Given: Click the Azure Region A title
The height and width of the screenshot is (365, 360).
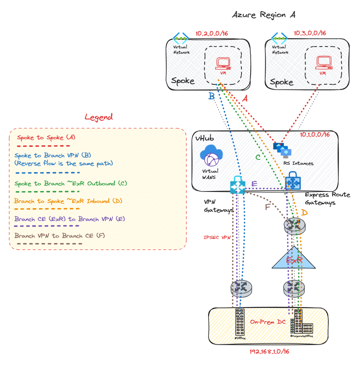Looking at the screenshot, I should click(x=263, y=14).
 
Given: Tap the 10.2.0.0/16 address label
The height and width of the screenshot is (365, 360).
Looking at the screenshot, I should click(x=211, y=33).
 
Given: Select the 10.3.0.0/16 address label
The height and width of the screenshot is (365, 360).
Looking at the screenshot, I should click(x=310, y=33).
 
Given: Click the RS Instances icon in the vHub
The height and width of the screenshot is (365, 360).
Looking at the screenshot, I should click(x=281, y=150).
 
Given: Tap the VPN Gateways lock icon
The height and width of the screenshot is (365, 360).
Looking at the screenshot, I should click(x=238, y=185).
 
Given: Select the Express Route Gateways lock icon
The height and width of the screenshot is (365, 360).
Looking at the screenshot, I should click(x=292, y=182).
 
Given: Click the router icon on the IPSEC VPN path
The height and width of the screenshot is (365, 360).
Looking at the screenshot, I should click(x=241, y=288).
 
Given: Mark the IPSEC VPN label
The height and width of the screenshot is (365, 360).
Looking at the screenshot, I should click(x=217, y=238).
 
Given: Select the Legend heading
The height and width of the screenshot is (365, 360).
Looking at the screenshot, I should click(x=98, y=117).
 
